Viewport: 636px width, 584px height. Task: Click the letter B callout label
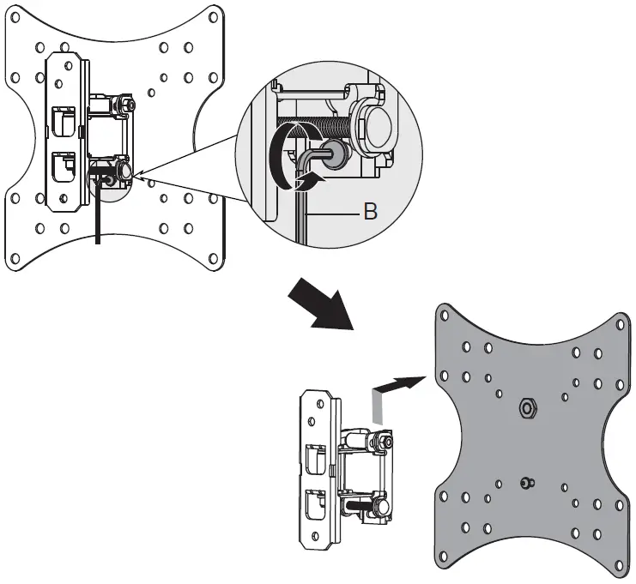click(x=371, y=211)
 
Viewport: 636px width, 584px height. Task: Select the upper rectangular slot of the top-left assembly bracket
click(x=64, y=119)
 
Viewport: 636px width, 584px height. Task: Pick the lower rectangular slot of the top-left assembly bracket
click(x=64, y=168)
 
